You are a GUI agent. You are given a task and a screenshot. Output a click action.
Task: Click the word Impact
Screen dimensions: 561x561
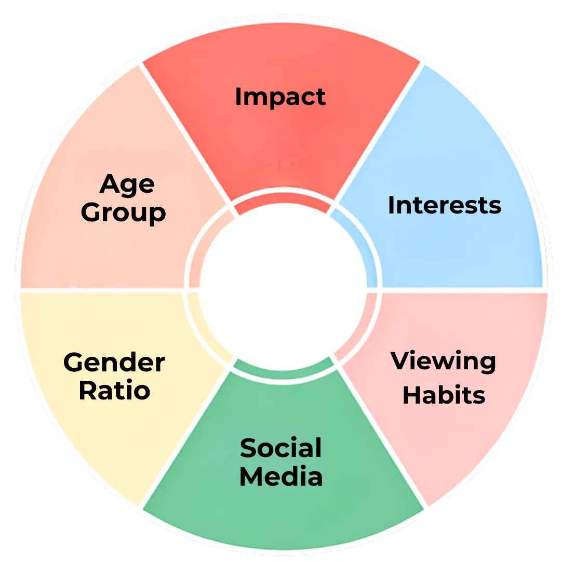tap(280, 97)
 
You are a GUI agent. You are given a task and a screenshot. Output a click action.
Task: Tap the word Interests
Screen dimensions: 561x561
tap(445, 205)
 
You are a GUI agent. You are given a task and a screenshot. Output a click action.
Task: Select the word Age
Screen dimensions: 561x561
tap(127, 184)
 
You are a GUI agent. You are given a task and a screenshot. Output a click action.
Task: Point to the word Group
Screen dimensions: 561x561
tap(124, 212)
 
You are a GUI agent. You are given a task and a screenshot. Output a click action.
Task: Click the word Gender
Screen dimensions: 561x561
tap(114, 362)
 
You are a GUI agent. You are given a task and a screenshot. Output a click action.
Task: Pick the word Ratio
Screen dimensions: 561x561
tap(114, 390)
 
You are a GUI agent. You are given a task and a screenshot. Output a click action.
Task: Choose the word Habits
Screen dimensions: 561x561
tap(444, 395)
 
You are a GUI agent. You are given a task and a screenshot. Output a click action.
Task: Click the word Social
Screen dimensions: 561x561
tap(281, 448)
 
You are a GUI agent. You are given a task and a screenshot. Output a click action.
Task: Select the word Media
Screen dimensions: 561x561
tap(281, 476)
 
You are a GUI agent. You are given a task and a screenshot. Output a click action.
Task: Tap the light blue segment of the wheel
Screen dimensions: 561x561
tap(468, 156)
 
